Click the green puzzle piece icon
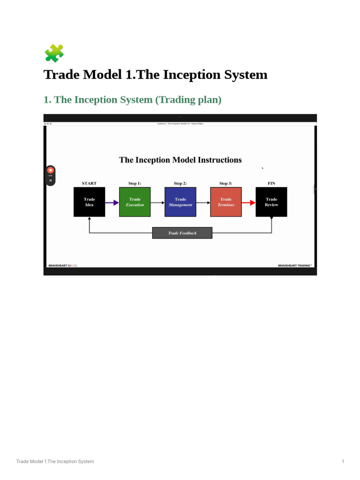pyautogui.click(x=54, y=53)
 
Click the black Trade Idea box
pyautogui.click(x=89, y=202)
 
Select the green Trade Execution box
pyautogui.click(x=135, y=202)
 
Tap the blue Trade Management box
pyautogui.click(x=180, y=202)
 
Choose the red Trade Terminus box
pyautogui.click(x=226, y=202)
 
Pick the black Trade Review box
pyautogui.click(x=271, y=202)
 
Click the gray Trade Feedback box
pyautogui.click(x=182, y=233)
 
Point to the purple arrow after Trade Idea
pyautogui.click(x=112, y=202)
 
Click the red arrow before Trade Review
pyautogui.click(x=248, y=202)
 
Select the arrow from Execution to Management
pyautogui.click(x=157, y=202)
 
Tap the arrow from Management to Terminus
pyautogui.click(x=203, y=202)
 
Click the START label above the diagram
pyautogui.click(x=89, y=183)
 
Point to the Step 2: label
pyautogui.click(x=180, y=183)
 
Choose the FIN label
pyautogui.click(x=271, y=183)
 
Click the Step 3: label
pyautogui.click(x=226, y=183)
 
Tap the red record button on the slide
pyautogui.click(x=51, y=170)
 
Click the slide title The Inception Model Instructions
pyautogui.click(x=180, y=160)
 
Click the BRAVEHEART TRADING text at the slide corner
pyautogui.click(x=294, y=265)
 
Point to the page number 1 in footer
pyautogui.click(x=343, y=462)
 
